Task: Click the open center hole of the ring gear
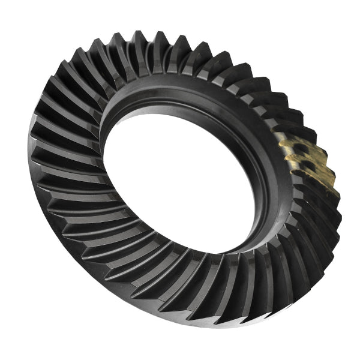[x=180, y=180]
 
